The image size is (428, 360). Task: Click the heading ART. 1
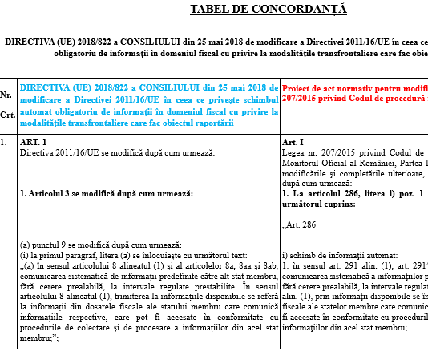coord(34,142)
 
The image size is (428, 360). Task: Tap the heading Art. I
coord(293,142)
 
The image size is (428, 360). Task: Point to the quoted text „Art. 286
coord(301,224)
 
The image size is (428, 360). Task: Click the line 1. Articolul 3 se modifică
coord(107,193)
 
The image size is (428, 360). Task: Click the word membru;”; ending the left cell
coord(38,338)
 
